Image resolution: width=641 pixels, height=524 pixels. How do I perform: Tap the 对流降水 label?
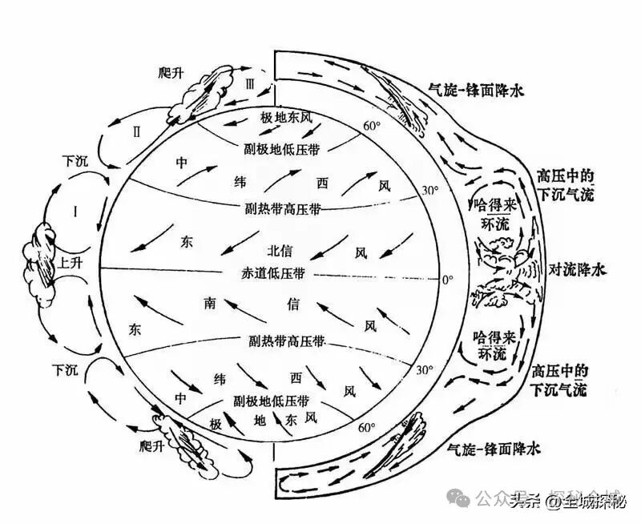pyautogui.click(x=576, y=269)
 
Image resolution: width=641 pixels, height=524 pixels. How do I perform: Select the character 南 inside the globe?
pyautogui.click(x=210, y=303)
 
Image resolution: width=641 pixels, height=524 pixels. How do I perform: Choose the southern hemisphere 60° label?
pyautogui.click(x=368, y=428)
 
